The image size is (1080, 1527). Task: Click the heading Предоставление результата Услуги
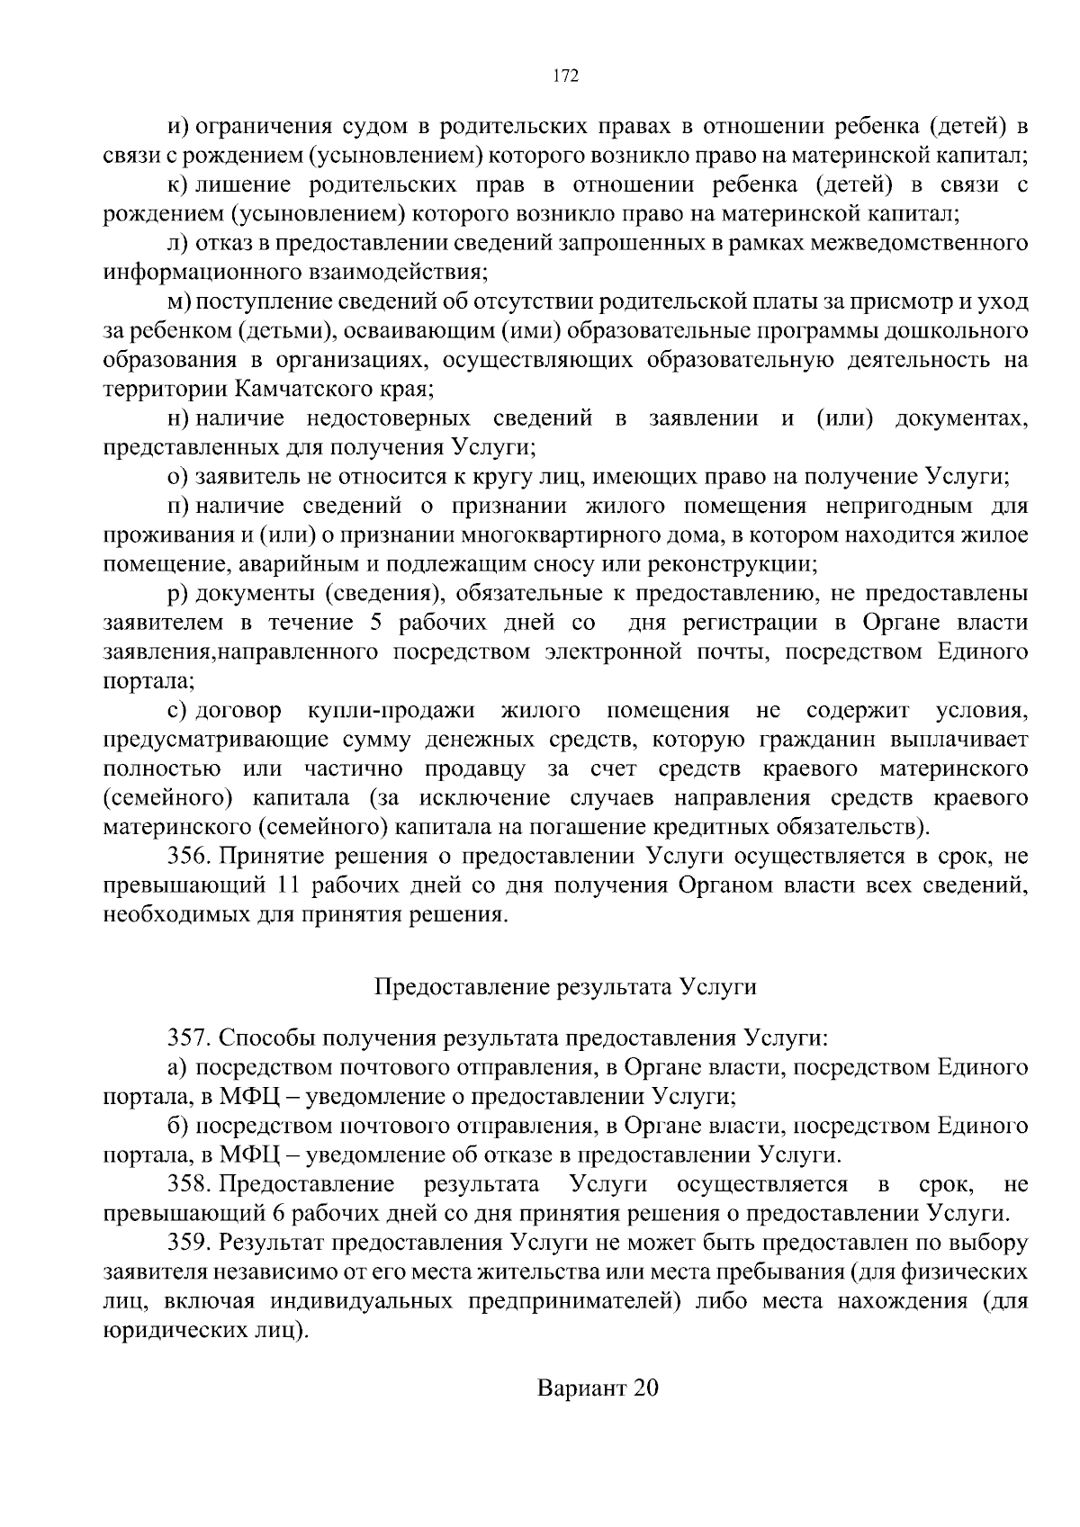pyautogui.click(x=565, y=987)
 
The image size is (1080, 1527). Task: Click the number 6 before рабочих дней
pyautogui.click(x=277, y=1213)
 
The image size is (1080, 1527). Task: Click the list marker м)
pyautogui.click(x=179, y=301)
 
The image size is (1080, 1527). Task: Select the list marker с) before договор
pyautogui.click(x=177, y=711)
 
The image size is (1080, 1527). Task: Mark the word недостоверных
pyautogui.click(x=389, y=418)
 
